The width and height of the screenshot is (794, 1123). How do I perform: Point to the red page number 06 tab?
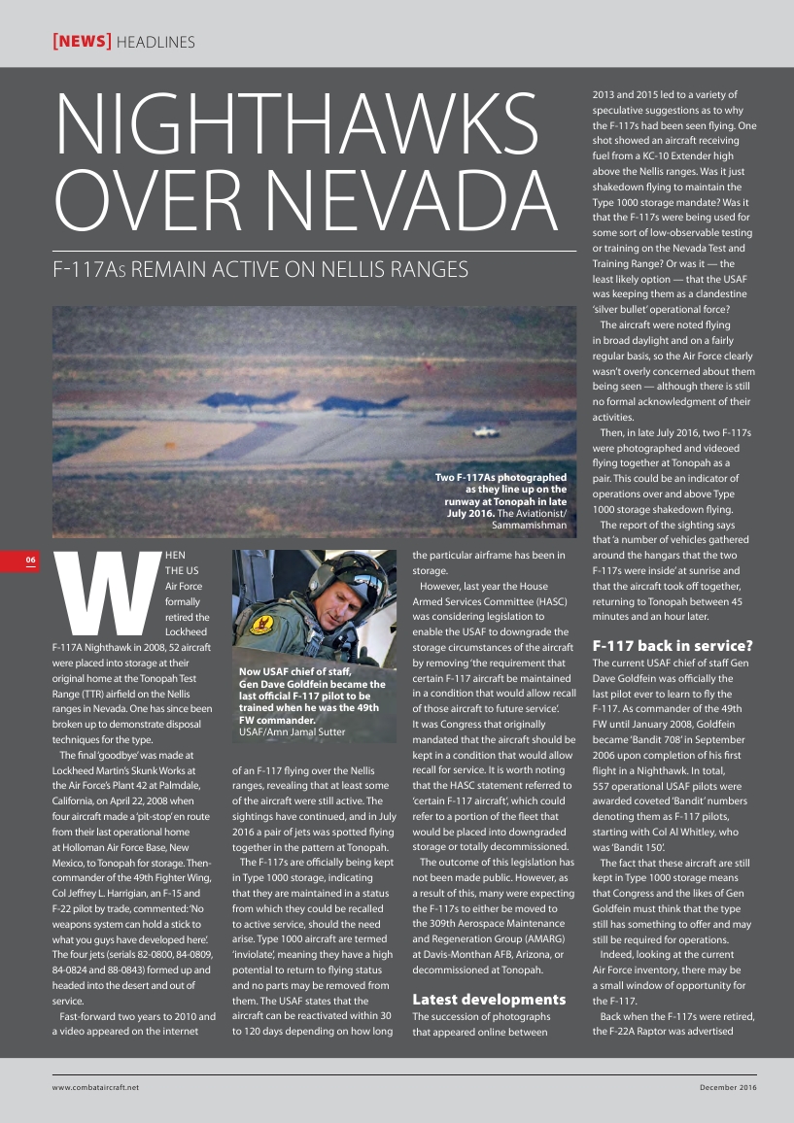(31, 560)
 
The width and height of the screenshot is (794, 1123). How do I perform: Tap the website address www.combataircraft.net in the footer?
(96, 1086)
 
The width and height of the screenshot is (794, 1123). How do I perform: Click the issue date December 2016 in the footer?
(728, 1086)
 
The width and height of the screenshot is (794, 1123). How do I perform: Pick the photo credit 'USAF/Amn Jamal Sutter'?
(292, 732)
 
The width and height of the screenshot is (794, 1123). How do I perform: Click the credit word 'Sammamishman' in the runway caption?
(530, 525)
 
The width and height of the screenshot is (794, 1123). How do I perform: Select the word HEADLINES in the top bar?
(155, 42)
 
